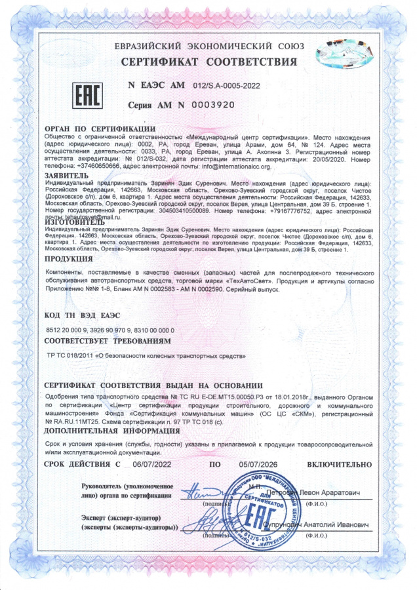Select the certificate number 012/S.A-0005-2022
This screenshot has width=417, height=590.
(228, 86)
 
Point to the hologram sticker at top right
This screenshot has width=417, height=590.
(345, 50)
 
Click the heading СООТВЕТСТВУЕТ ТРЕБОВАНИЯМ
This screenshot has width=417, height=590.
(108, 342)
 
